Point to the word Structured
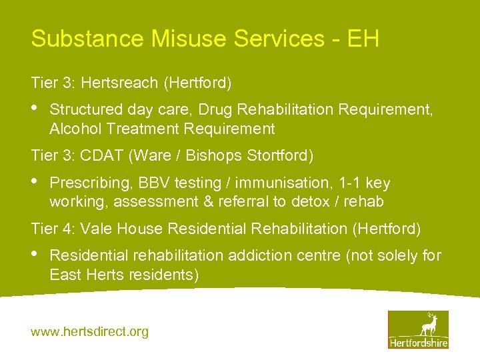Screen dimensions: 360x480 87,109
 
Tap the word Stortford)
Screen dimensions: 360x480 280,156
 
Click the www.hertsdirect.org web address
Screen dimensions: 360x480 90,331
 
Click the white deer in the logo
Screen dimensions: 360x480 427,325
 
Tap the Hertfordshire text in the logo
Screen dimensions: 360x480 418,343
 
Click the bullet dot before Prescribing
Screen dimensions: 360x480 35,181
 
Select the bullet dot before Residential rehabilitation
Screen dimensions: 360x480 35,254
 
